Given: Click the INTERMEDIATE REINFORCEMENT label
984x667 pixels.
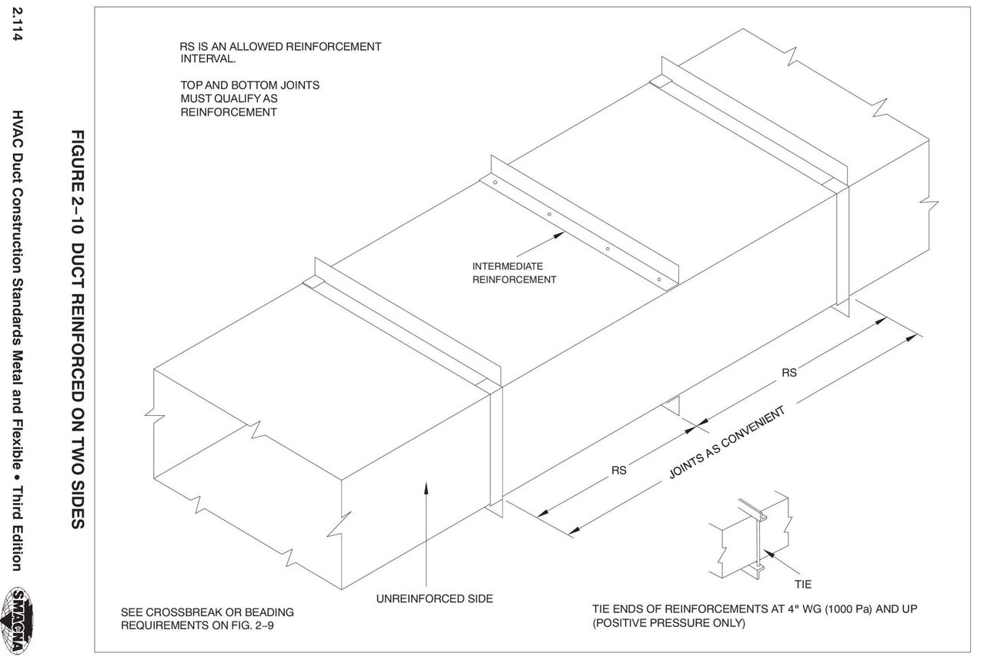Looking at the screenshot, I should click(514, 273).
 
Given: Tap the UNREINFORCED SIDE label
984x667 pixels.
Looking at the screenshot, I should click(434, 598).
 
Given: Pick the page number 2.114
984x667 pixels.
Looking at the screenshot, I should click(16, 25).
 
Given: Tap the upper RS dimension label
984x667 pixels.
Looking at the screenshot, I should click(789, 373).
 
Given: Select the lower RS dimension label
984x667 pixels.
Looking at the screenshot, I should click(618, 469).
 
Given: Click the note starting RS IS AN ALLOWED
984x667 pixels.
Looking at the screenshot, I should click(280, 52).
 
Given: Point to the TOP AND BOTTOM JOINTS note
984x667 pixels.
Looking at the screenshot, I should click(249, 99).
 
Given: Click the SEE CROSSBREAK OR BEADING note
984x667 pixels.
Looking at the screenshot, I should click(207, 618).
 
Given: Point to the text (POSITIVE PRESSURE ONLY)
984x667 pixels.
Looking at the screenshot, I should click(668, 623).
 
